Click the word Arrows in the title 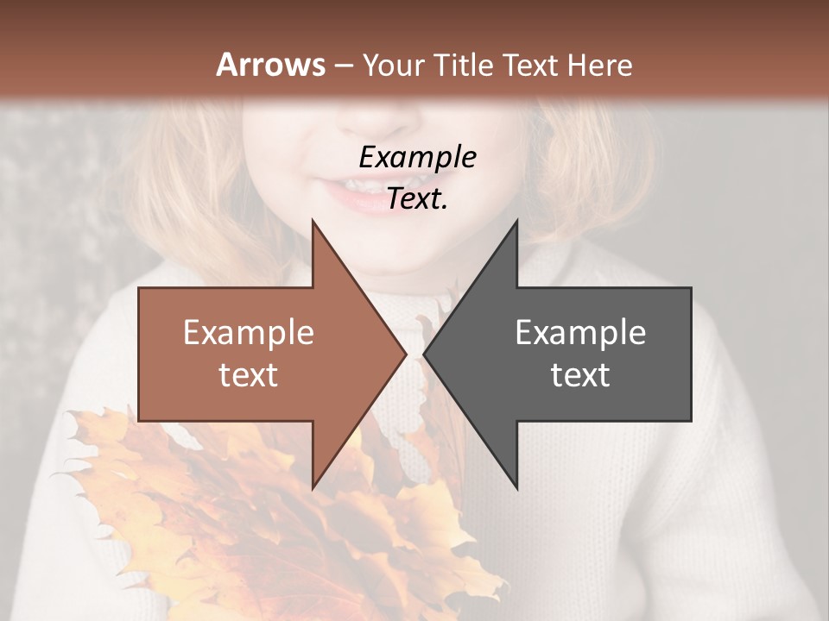pyautogui.click(x=270, y=65)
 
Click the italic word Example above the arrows pyautogui.click(x=417, y=158)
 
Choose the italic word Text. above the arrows pyautogui.click(x=417, y=199)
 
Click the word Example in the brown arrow pyautogui.click(x=249, y=333)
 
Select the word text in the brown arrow pyautogui.click(x=249, y=375)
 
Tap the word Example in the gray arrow pyautogui.click(x=580, y=333)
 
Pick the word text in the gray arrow pyautogui.click(x=580, y=375)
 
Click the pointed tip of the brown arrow pyautogui.click(x=406, y=354)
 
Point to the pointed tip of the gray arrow pyautogui.click(x=424, y=354)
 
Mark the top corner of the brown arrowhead pyautogui.click(x=313, y=221)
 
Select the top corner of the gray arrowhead pyautogui.click(x=517, y=221)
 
